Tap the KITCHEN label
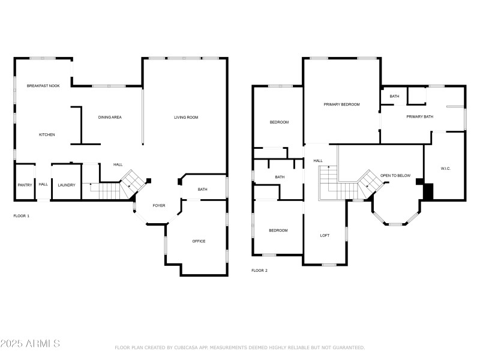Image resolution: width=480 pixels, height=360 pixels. tap(47, 134)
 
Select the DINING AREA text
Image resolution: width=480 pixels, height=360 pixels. tap(110, 117)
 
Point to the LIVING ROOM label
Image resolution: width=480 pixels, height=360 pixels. tap(186, 117)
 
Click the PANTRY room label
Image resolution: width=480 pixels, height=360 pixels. tap(25, 185)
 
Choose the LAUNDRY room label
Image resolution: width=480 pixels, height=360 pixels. tap(67, 185)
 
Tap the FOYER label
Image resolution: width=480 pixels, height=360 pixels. tap(158, 205)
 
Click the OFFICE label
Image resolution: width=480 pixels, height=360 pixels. tap(199, 241)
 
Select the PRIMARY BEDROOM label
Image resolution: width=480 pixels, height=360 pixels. tap(341, 104)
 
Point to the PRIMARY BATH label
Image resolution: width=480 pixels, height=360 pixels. tap(419, 116)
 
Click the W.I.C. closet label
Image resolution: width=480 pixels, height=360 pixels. tap(445, 168)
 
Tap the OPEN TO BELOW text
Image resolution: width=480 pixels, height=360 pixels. tap(395, 175)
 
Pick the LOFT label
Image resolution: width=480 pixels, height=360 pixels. tap(325, 235)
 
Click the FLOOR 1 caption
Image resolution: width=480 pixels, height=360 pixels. tap(21, 215)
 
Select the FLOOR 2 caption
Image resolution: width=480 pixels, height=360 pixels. tap(259, 271)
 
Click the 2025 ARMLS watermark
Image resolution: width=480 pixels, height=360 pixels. tap(30, 344)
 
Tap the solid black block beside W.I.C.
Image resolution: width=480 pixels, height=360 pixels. tap(428, 191)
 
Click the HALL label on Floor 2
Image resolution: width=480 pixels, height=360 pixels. tap(318, 161)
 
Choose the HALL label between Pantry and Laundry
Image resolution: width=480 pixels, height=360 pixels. tap(43, 184)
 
